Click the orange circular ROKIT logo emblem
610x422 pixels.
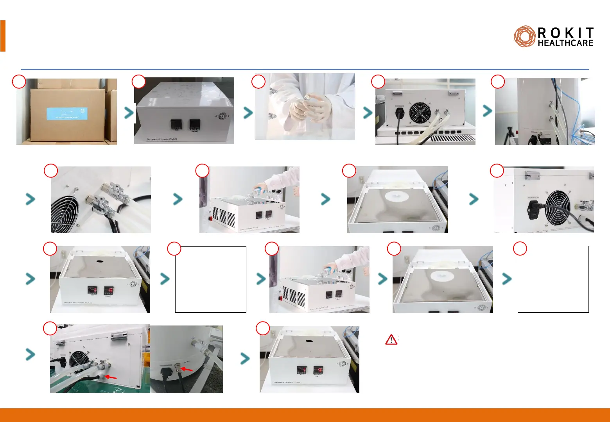(x=524, y=37)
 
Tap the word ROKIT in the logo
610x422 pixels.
(x=566, y=33)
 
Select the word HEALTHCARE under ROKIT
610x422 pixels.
(x=565, y=43)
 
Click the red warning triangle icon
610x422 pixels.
(x=391, y=340)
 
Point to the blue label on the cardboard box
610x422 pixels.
(x=67, y=114)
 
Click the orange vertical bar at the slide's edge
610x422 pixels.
(x=3, y=36)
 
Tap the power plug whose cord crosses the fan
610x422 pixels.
(x=533, y=209)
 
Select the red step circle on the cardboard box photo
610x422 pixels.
(x=19, y=81)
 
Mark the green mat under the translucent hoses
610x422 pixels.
(x=98, y=387)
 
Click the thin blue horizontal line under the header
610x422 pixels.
(x=305, y=69)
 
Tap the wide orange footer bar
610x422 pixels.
(x=305, y=415)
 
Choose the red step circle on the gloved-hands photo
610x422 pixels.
(x=258, y=81)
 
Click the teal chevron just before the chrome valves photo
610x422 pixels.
(x=30, y=199)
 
